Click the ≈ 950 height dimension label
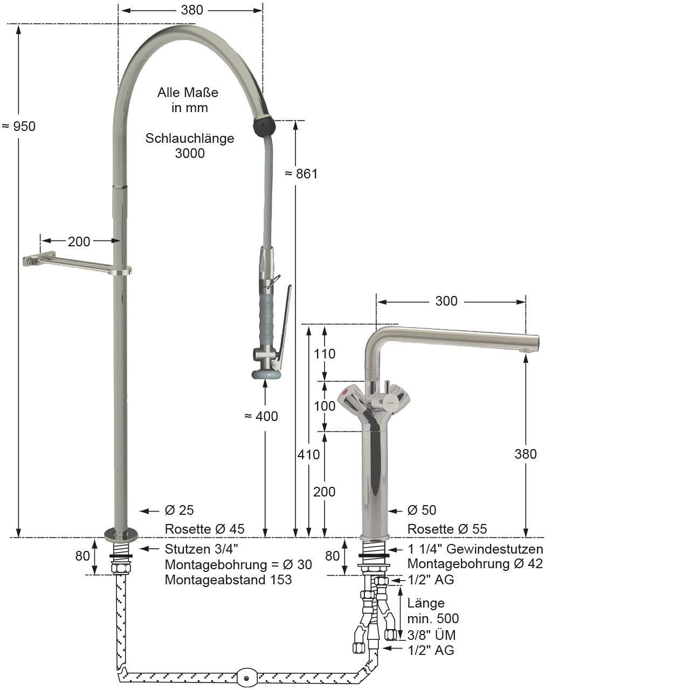click(x=19, y=126)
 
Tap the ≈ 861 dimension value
click(x=301, y=174)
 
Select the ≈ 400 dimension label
click(x=261, y=416)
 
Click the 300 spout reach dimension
click(x=446, y=301)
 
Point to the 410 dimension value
click(x=309, y=455)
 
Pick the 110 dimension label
click(x=325, y=354)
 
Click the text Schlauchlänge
click(x=190, y=138)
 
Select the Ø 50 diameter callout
click(x=422, y=510)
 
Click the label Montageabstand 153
click(x=228, y=579)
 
